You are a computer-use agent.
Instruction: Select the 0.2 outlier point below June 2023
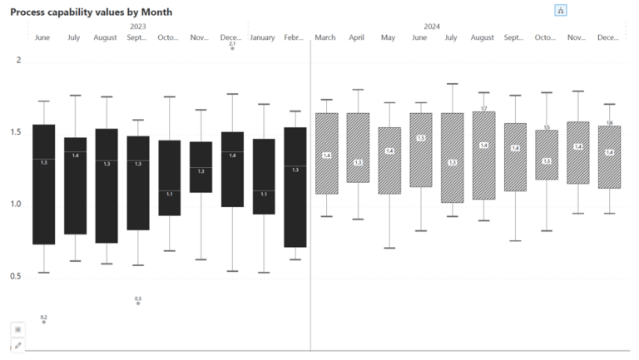pyautogui.click(x=44, y=322)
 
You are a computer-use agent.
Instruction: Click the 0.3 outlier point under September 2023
pyautogui.click(x=138, y=303)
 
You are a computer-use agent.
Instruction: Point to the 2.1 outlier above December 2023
pyautogui.click(x=232, y=48)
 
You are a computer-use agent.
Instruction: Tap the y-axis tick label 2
pyautogui.click(x=19, y=61)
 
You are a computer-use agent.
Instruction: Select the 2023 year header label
pyautogui.click(x=138, y=27)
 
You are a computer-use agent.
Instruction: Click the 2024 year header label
pyautogui.click(x=432, y=27)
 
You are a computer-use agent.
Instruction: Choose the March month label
pyautogui.click(x=325, y=37)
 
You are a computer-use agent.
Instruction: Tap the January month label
pyautogui.click(x=262, y=37)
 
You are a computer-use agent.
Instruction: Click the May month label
pyautogui.click(x=388, y=37)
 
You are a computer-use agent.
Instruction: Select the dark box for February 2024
pyautogui.click(x=295, y=187)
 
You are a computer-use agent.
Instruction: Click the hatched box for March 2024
pyautogui.click(x=326, y=154)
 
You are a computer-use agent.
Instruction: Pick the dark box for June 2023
pyautogui.click(x=44, y=184)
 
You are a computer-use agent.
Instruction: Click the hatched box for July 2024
pyautogui.click(x=452, y=158)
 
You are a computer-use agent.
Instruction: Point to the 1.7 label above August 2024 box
pyautogui.click(x=483, y=109)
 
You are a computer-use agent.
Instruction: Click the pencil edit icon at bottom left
pyautogui.click(x=18, y=345)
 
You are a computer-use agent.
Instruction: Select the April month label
pyautogui.click(x=357, y=37)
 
